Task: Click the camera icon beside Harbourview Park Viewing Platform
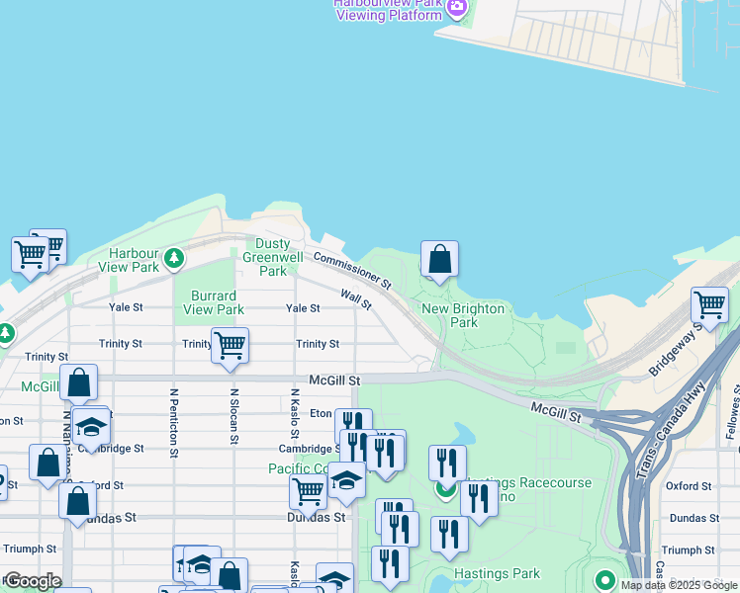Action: click(456, 10)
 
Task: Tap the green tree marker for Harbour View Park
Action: click(174, 259)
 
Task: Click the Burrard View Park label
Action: click(214, 302)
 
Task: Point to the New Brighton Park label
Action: click(463, 315)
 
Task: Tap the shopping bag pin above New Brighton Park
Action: click(439, 260)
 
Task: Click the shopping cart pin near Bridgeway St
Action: click(709, 304)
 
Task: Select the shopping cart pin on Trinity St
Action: click(230, 346)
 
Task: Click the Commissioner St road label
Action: click(352, 271)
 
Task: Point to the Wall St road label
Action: click(355, 298)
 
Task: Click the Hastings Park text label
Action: click(497, 573)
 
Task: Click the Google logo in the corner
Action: click(32, 581)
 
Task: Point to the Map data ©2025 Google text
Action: click(679, 585)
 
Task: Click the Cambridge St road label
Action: click(310, 449)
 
